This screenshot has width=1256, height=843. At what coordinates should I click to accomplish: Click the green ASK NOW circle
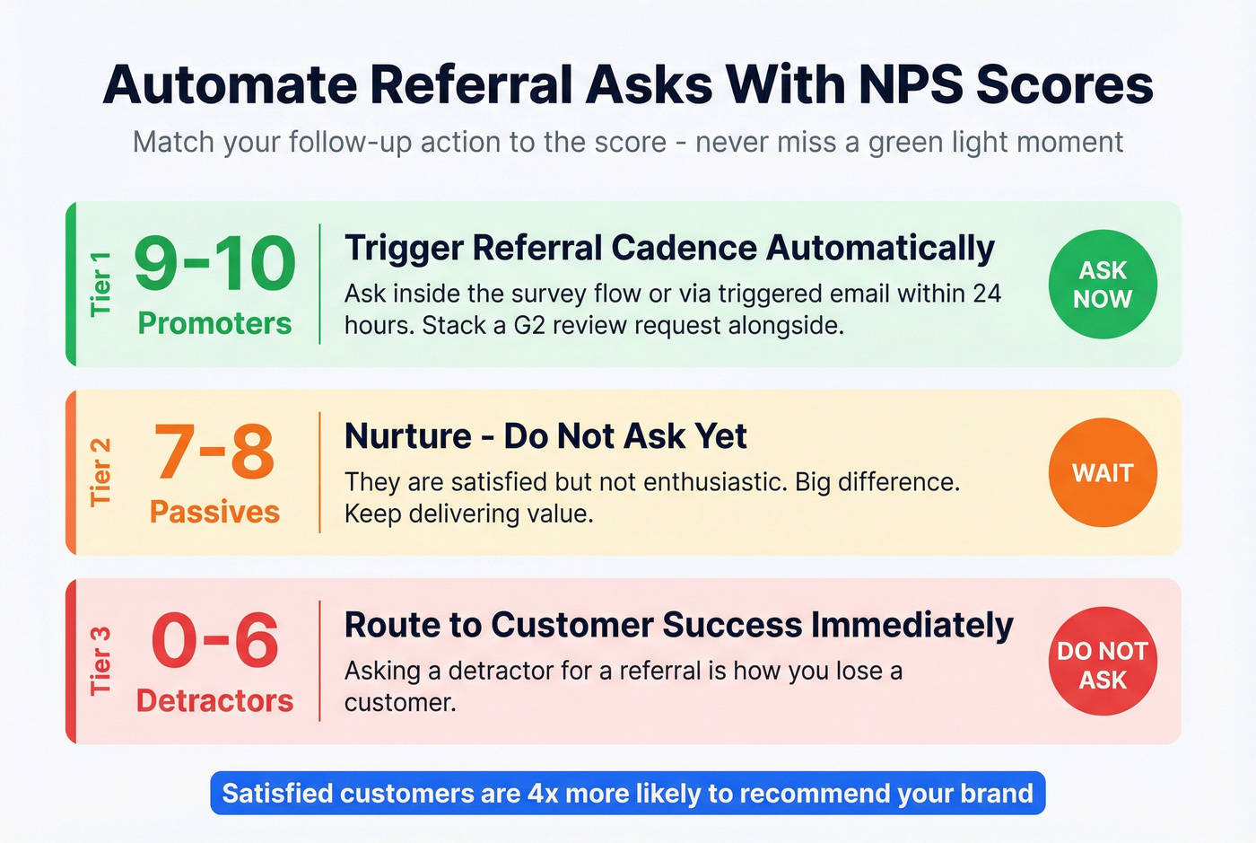(x=1103, y=285)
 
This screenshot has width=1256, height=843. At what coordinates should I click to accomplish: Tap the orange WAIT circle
(x=1103, y=473)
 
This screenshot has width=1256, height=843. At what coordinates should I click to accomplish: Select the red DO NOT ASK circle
(x=1103, y=662)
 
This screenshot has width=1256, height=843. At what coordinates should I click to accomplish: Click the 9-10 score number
(x=214, y=265)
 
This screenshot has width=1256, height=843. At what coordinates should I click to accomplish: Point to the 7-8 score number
(x=214, y=452)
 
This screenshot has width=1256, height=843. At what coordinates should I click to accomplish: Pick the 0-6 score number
(x=214, y=641)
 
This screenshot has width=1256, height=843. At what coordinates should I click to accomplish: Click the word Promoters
(x=214, y=323)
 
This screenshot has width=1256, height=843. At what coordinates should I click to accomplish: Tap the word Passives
(x=214, y=512)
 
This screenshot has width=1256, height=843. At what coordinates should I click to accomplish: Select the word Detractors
(x=214, y=700)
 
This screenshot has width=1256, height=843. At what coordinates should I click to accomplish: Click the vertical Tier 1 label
(x=100, y=284)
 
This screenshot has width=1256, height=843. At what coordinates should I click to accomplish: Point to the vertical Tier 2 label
(x=100, y=472)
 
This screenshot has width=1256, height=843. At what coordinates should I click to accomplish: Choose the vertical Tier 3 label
(x=100, y=661)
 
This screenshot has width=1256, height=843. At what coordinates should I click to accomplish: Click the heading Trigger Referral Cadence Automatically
(x=669, y=248)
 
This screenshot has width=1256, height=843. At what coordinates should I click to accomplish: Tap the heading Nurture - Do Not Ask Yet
(x=545, y=436)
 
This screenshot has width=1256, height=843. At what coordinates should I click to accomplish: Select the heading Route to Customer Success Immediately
(x=678, y=625)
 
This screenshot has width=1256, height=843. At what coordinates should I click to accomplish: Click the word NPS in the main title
(x=910, y=85)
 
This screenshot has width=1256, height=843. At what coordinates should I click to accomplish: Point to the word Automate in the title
(x=230, y=85)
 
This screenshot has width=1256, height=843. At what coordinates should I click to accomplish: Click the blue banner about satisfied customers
(x=628, y=794)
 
